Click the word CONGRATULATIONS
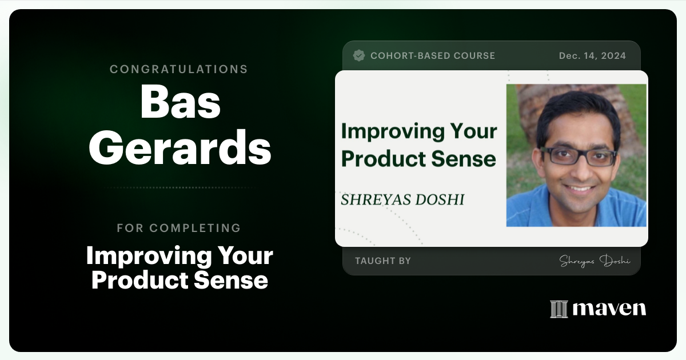(x=179, y=69)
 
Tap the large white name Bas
(x=180, y=103)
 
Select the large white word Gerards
(x=180, y=147)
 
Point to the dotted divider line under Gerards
(x=180, y=187)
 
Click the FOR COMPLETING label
(x=179, y=228)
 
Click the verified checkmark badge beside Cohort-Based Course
(x=359, y=55)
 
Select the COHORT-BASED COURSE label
(x=433, y=56)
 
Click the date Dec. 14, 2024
(x=592, y=56)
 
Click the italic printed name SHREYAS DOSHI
(x=402, y=199)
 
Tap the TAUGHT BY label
(x=382, y=261)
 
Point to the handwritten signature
(x=595, y=261)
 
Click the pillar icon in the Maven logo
(x=559, y=309)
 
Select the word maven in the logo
(x=609, y=309)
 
